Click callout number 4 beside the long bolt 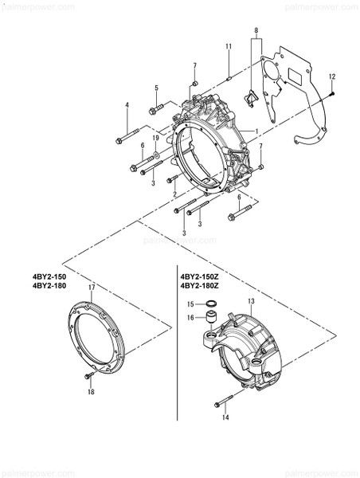click(x=126, y=105)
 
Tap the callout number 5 click(x=156, y=87)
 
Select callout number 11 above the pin click(x=228, y=47)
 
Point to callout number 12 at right click(x=332, y=75)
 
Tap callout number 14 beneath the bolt click(x=225, y=417)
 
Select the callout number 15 click(x=190, y=304)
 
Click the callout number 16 click(x=190, y=317)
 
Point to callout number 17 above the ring click(x=92, y=287)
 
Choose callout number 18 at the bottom click(x=91, y=391)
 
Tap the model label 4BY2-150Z click(x=200, y=276)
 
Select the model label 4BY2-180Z click(x=200, y=285)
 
